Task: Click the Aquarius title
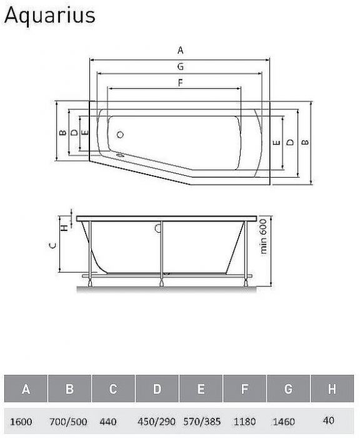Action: point(49,16)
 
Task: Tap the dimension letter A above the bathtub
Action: point(180,50)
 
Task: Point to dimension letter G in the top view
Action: point(180,66)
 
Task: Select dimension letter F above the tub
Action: point(180,83)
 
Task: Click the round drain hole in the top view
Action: point(120,135)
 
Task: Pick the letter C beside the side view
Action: point(52,246)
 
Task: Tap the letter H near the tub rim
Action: point(64,228)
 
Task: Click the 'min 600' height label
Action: point(263,237)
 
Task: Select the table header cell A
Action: point(26,389)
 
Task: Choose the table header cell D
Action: point(157,389)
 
